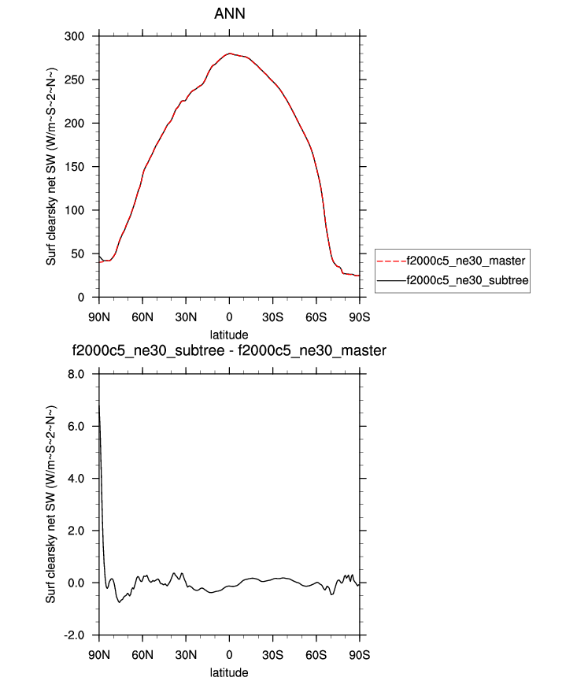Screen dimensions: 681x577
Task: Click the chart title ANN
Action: point(228,14)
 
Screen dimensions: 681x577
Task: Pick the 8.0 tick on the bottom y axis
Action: point(76,374)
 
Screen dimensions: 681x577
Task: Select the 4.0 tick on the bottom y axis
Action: point(76,478)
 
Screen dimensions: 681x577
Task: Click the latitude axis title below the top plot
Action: point(228,335)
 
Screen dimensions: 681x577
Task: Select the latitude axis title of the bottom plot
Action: point(228,672)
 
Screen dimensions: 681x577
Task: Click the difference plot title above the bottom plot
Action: point(228,350)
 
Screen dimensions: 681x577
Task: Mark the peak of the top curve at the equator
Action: point(229,54)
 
